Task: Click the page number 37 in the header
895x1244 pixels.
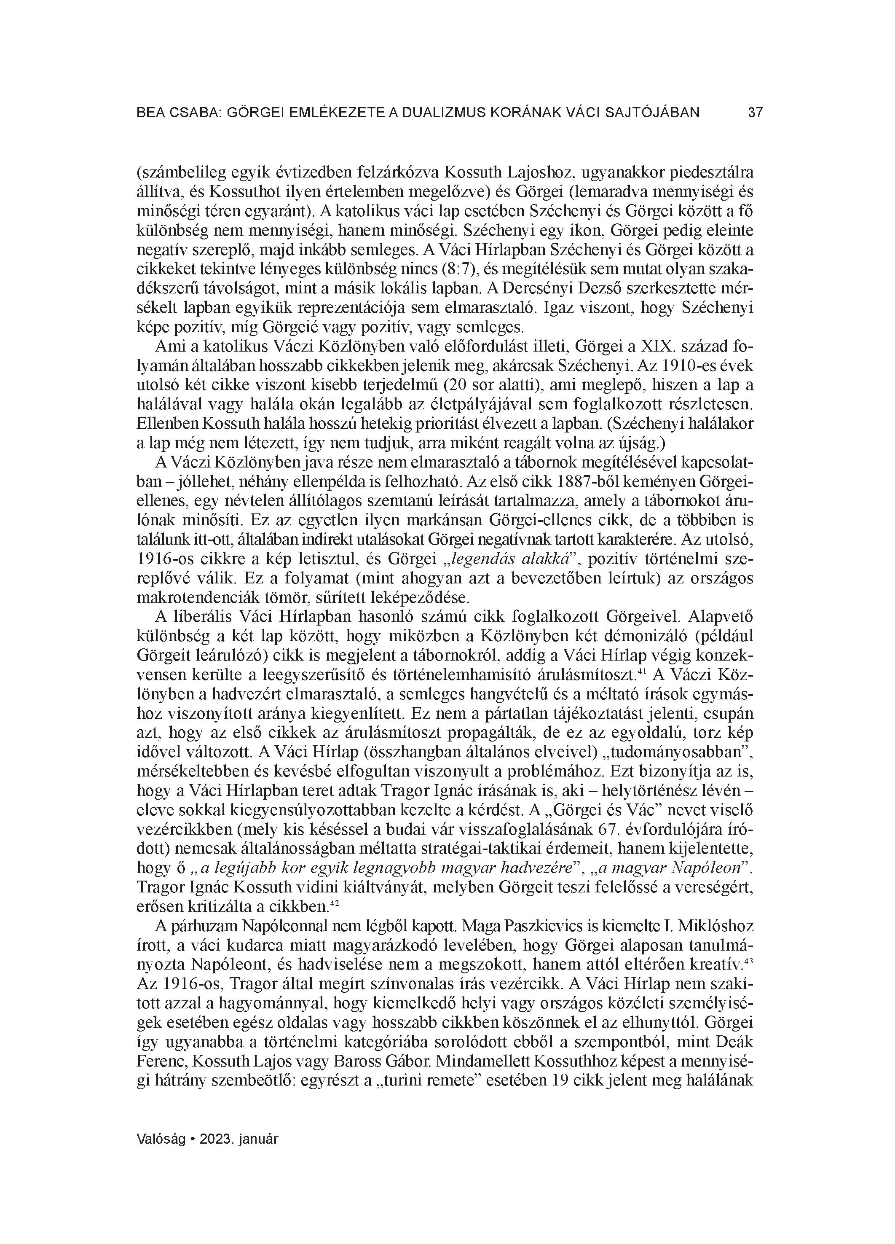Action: pos(755,113)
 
